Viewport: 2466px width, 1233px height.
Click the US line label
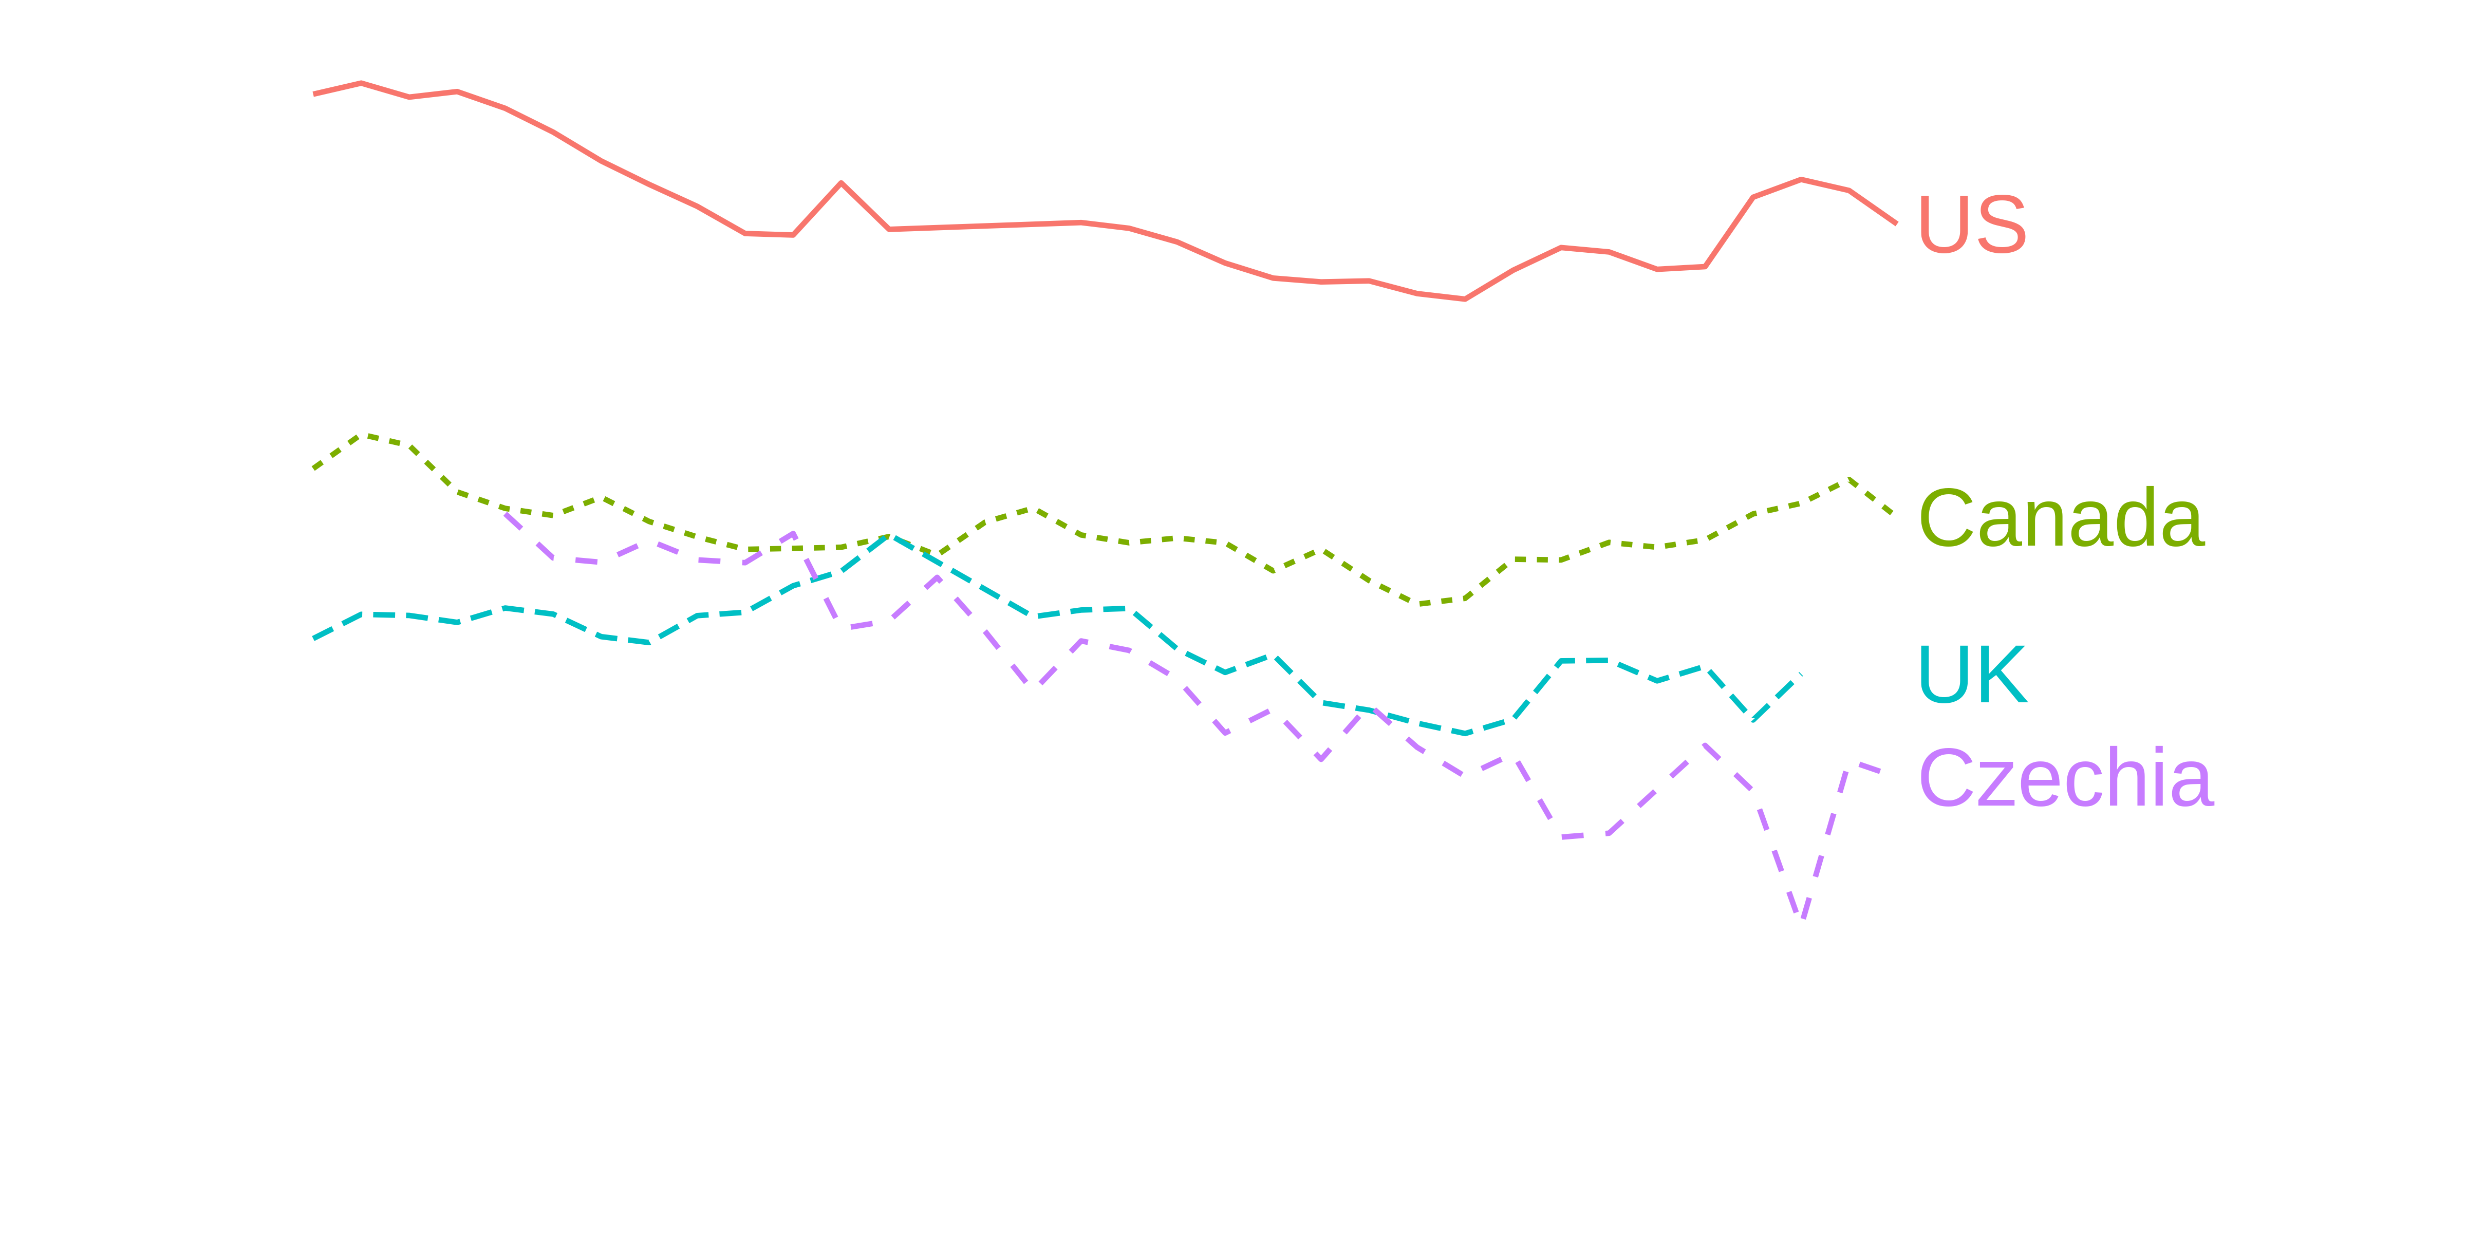click(1972, 224)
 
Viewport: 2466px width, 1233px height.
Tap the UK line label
click(1972, 675)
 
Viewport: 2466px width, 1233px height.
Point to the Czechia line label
click(2066, 777)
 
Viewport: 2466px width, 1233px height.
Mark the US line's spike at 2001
click(840, 182)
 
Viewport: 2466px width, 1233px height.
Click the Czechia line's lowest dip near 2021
click(1804, 917)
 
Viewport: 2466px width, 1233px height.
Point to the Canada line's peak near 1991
click(362, 436)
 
